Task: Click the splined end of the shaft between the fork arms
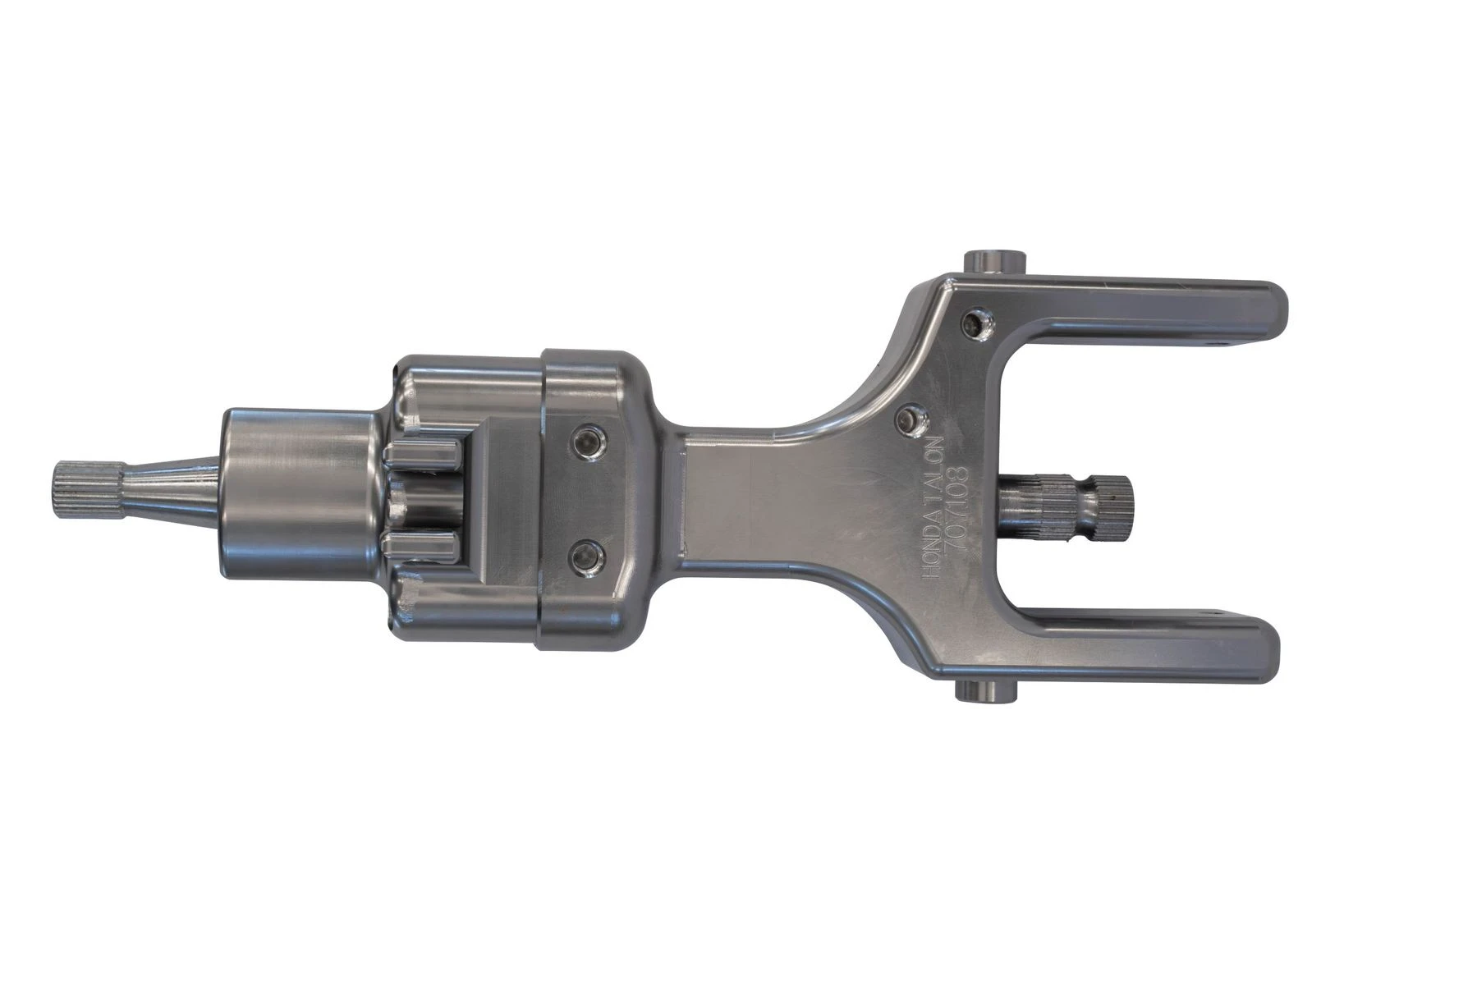(1117, 501)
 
